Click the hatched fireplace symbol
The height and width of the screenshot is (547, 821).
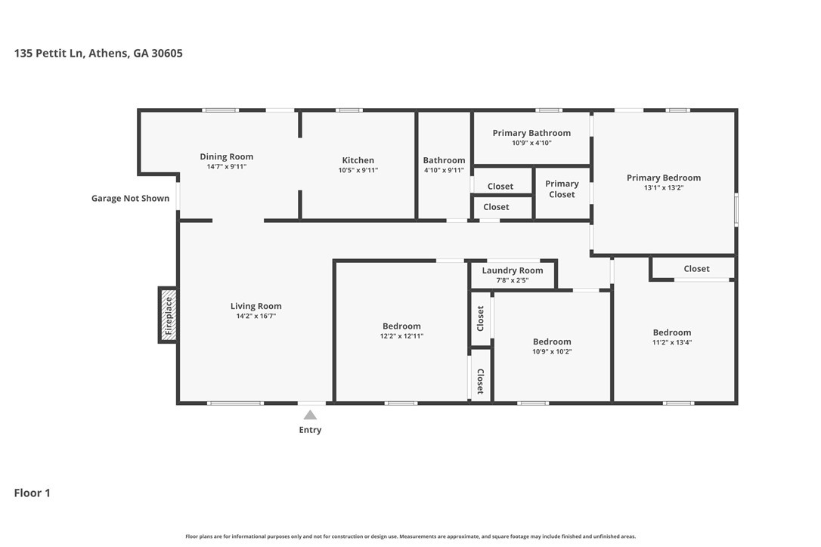coord(168,315)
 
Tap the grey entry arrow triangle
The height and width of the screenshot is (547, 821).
coord(310,415)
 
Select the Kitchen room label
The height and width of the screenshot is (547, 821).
coord(358,160)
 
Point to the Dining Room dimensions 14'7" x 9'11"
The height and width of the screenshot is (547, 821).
coord(227,166)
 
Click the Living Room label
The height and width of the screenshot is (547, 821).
coord(256,306)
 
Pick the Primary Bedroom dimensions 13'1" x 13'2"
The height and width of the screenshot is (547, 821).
coord(664,187)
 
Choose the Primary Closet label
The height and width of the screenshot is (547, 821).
coord(562,189)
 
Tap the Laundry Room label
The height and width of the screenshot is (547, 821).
coord(513,270)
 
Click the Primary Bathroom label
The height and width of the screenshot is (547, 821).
coord(531,133)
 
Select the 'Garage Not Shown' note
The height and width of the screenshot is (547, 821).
coord(130,199)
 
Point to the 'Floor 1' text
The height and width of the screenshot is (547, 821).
coord(32,493)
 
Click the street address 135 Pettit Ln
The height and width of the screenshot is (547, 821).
coord(48,53)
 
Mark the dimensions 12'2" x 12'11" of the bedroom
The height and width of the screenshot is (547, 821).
coord(401,336)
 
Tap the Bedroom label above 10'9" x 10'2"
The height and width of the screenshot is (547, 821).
coord(552,341)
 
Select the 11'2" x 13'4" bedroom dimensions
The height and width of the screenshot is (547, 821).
coord(672,342)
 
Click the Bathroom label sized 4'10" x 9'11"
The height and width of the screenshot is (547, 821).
coord(444,160)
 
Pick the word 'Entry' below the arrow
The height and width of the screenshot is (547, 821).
coord(310,430)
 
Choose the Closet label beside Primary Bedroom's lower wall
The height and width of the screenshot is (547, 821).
coord(696,268)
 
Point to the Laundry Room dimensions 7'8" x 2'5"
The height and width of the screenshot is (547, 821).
coord(513,280)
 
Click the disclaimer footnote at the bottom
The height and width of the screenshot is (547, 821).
coord(410,536)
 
